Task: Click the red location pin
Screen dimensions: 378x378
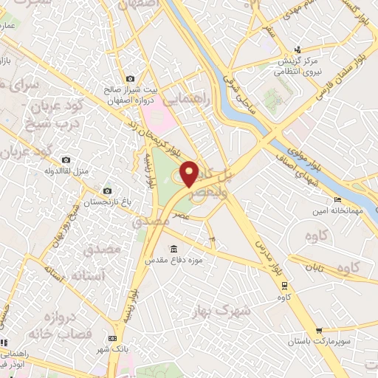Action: coord(190,173)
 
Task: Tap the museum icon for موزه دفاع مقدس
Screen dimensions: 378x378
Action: coord(173,248)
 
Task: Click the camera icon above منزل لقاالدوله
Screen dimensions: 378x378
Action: coord(66,159)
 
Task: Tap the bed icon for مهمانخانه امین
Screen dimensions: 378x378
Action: coord(338,199)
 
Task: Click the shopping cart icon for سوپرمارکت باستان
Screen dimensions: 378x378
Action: coord(318,331)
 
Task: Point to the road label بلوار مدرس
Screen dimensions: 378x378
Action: coord(270,258)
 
